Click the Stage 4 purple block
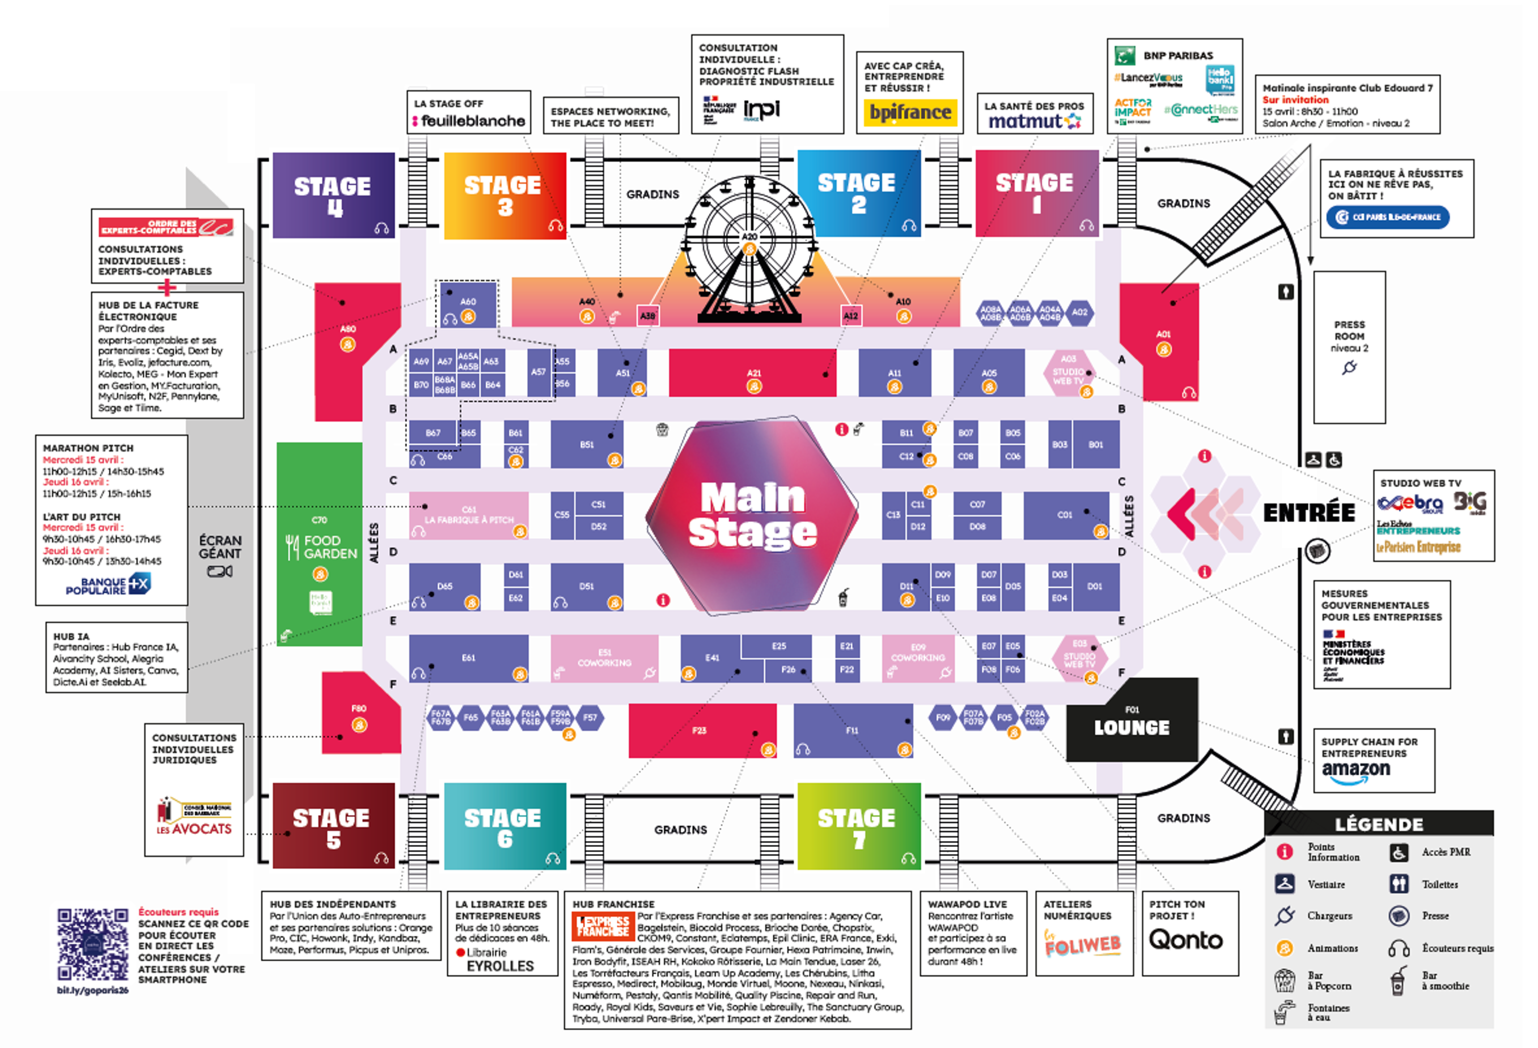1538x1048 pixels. [x=333, y=195]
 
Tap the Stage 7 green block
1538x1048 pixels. [x=858, y=827]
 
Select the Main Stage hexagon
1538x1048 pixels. [x=752, y=515]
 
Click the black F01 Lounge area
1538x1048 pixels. [x=1132, y=721]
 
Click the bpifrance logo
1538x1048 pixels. [x=910, y=112]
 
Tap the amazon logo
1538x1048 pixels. [x=1355, y=771]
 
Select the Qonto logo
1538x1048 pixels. [x=1185, y=940]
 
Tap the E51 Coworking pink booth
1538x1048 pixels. [x=604, y=658]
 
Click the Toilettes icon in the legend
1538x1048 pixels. [x=1399, y=884]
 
